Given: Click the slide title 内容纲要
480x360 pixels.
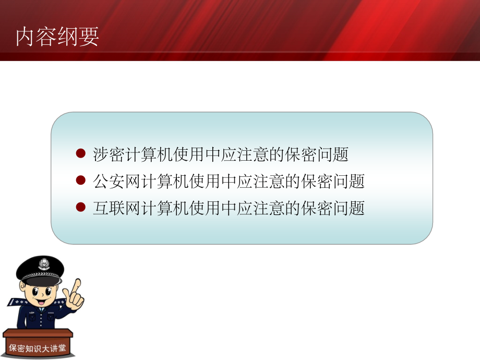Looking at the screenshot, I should (x=57, y=37).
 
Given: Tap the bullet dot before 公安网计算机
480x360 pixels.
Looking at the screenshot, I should (x=80, y=180).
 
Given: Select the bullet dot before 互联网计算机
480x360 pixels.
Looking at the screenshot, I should (x=80, y=207).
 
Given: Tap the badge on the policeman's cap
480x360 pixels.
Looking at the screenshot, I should (x=43, y=264).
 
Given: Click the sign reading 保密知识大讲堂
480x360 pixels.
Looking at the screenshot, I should (x=37, y=348).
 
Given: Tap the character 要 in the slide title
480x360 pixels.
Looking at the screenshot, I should (x=89, y=37).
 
